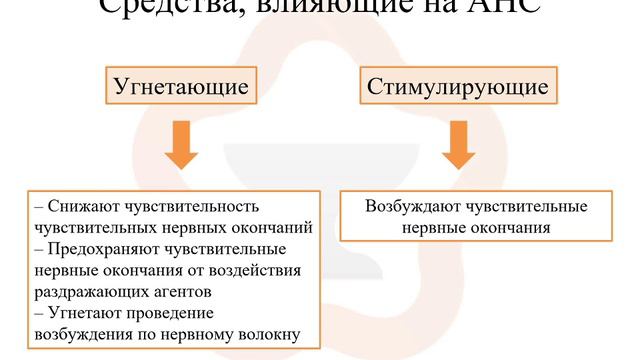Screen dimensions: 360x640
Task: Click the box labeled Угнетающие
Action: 176,86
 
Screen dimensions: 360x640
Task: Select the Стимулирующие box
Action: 457,86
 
